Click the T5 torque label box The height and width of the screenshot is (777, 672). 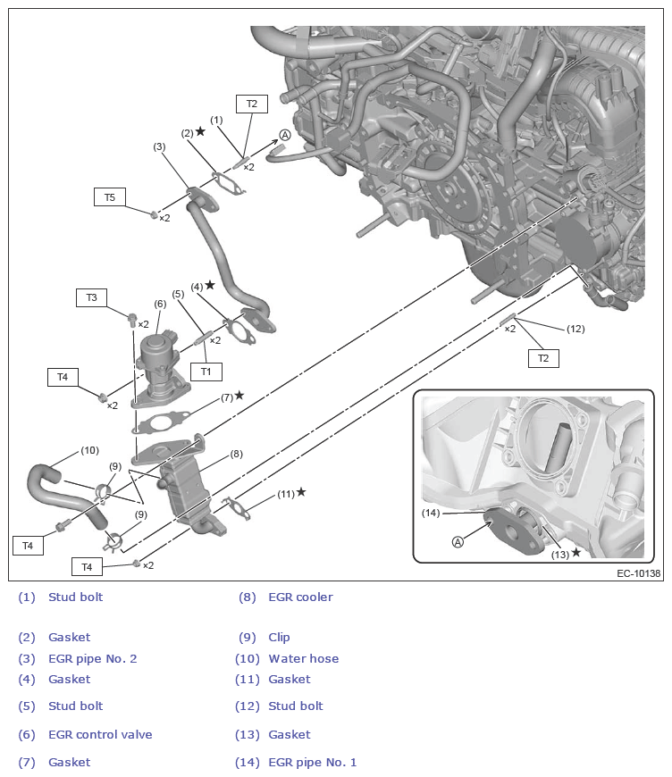(110, 196)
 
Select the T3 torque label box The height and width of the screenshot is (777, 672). (91, 297)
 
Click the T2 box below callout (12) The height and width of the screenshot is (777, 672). (543, 358)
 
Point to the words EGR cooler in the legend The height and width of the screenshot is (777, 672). (300, 597)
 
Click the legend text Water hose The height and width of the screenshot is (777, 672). (303, 658)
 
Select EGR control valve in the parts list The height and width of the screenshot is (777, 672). (100, 734)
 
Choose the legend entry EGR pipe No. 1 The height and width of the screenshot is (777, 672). (312, 762)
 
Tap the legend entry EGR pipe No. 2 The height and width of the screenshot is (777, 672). (92, 658)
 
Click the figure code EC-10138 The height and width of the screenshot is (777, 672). (638, 573)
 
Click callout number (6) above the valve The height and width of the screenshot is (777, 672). (160, 304)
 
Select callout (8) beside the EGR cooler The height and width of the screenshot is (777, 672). (236, 454)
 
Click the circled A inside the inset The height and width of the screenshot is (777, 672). (458, 541)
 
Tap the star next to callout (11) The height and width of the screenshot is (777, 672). (301, 492)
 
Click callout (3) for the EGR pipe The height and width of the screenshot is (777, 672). (159, 146)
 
